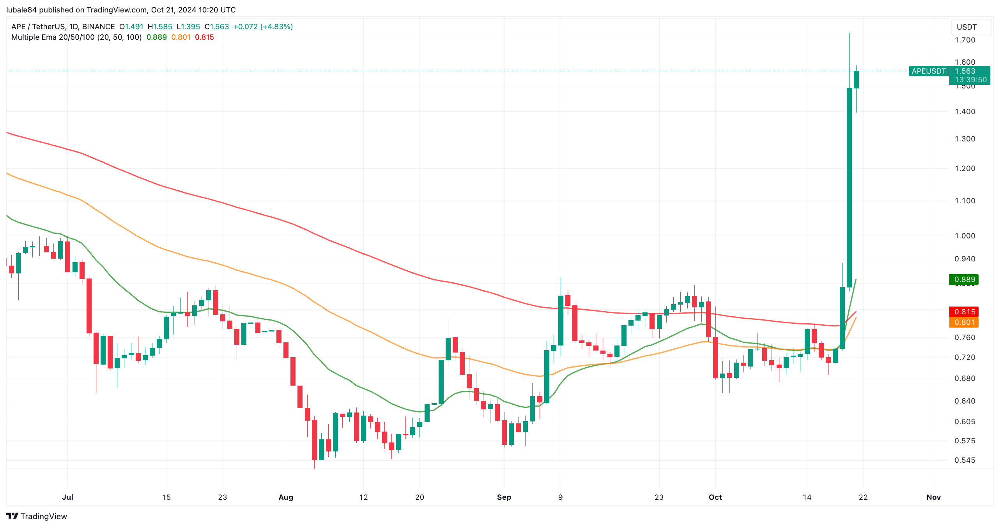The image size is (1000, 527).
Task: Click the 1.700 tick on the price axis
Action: pyautogui.click(x=965, y=40)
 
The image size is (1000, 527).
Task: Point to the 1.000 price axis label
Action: pyautogui.click(x=965, y=236)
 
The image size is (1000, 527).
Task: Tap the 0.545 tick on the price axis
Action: pyautogui.click(x=965, y=460)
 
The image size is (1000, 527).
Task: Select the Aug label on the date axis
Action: pyautogui.click(x=286, y=497)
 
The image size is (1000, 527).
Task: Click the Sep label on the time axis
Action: pyautogui.click(x=504, y=497)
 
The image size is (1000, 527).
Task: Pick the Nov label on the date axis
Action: pyautogui.click(x=933, y=497)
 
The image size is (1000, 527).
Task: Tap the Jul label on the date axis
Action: pyautogui.click(x=67, y=497)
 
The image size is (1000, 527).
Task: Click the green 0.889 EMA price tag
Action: pyautogui.click(x=964, y=279)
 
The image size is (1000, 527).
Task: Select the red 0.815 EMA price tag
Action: pyautogui.click(x=964, y=312)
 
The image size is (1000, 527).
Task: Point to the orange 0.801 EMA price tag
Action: pyautogui.click(x=964, y=322)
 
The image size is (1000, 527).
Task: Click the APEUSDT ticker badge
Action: pyautogui.click(x=928, y=71)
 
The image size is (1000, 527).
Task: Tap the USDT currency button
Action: pyautogui.click(x=966, y=27)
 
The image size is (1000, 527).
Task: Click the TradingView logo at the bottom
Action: pyautogui.click(x=37, y=516)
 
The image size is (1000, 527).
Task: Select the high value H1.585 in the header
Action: pyautogui.click(x=160, y=26)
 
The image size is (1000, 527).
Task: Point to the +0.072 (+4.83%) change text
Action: pyautogui.click(x=263, y=26)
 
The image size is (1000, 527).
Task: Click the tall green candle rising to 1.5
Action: pyautogui.click(x=849, y=187)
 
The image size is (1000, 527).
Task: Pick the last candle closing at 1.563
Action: pyautogui.click(x=856, y=80)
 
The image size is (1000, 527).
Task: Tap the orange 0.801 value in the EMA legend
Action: pyautogui.click(x=181, y=37)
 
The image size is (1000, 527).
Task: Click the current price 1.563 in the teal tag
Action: pyautogui.click(x=965, y=71)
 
